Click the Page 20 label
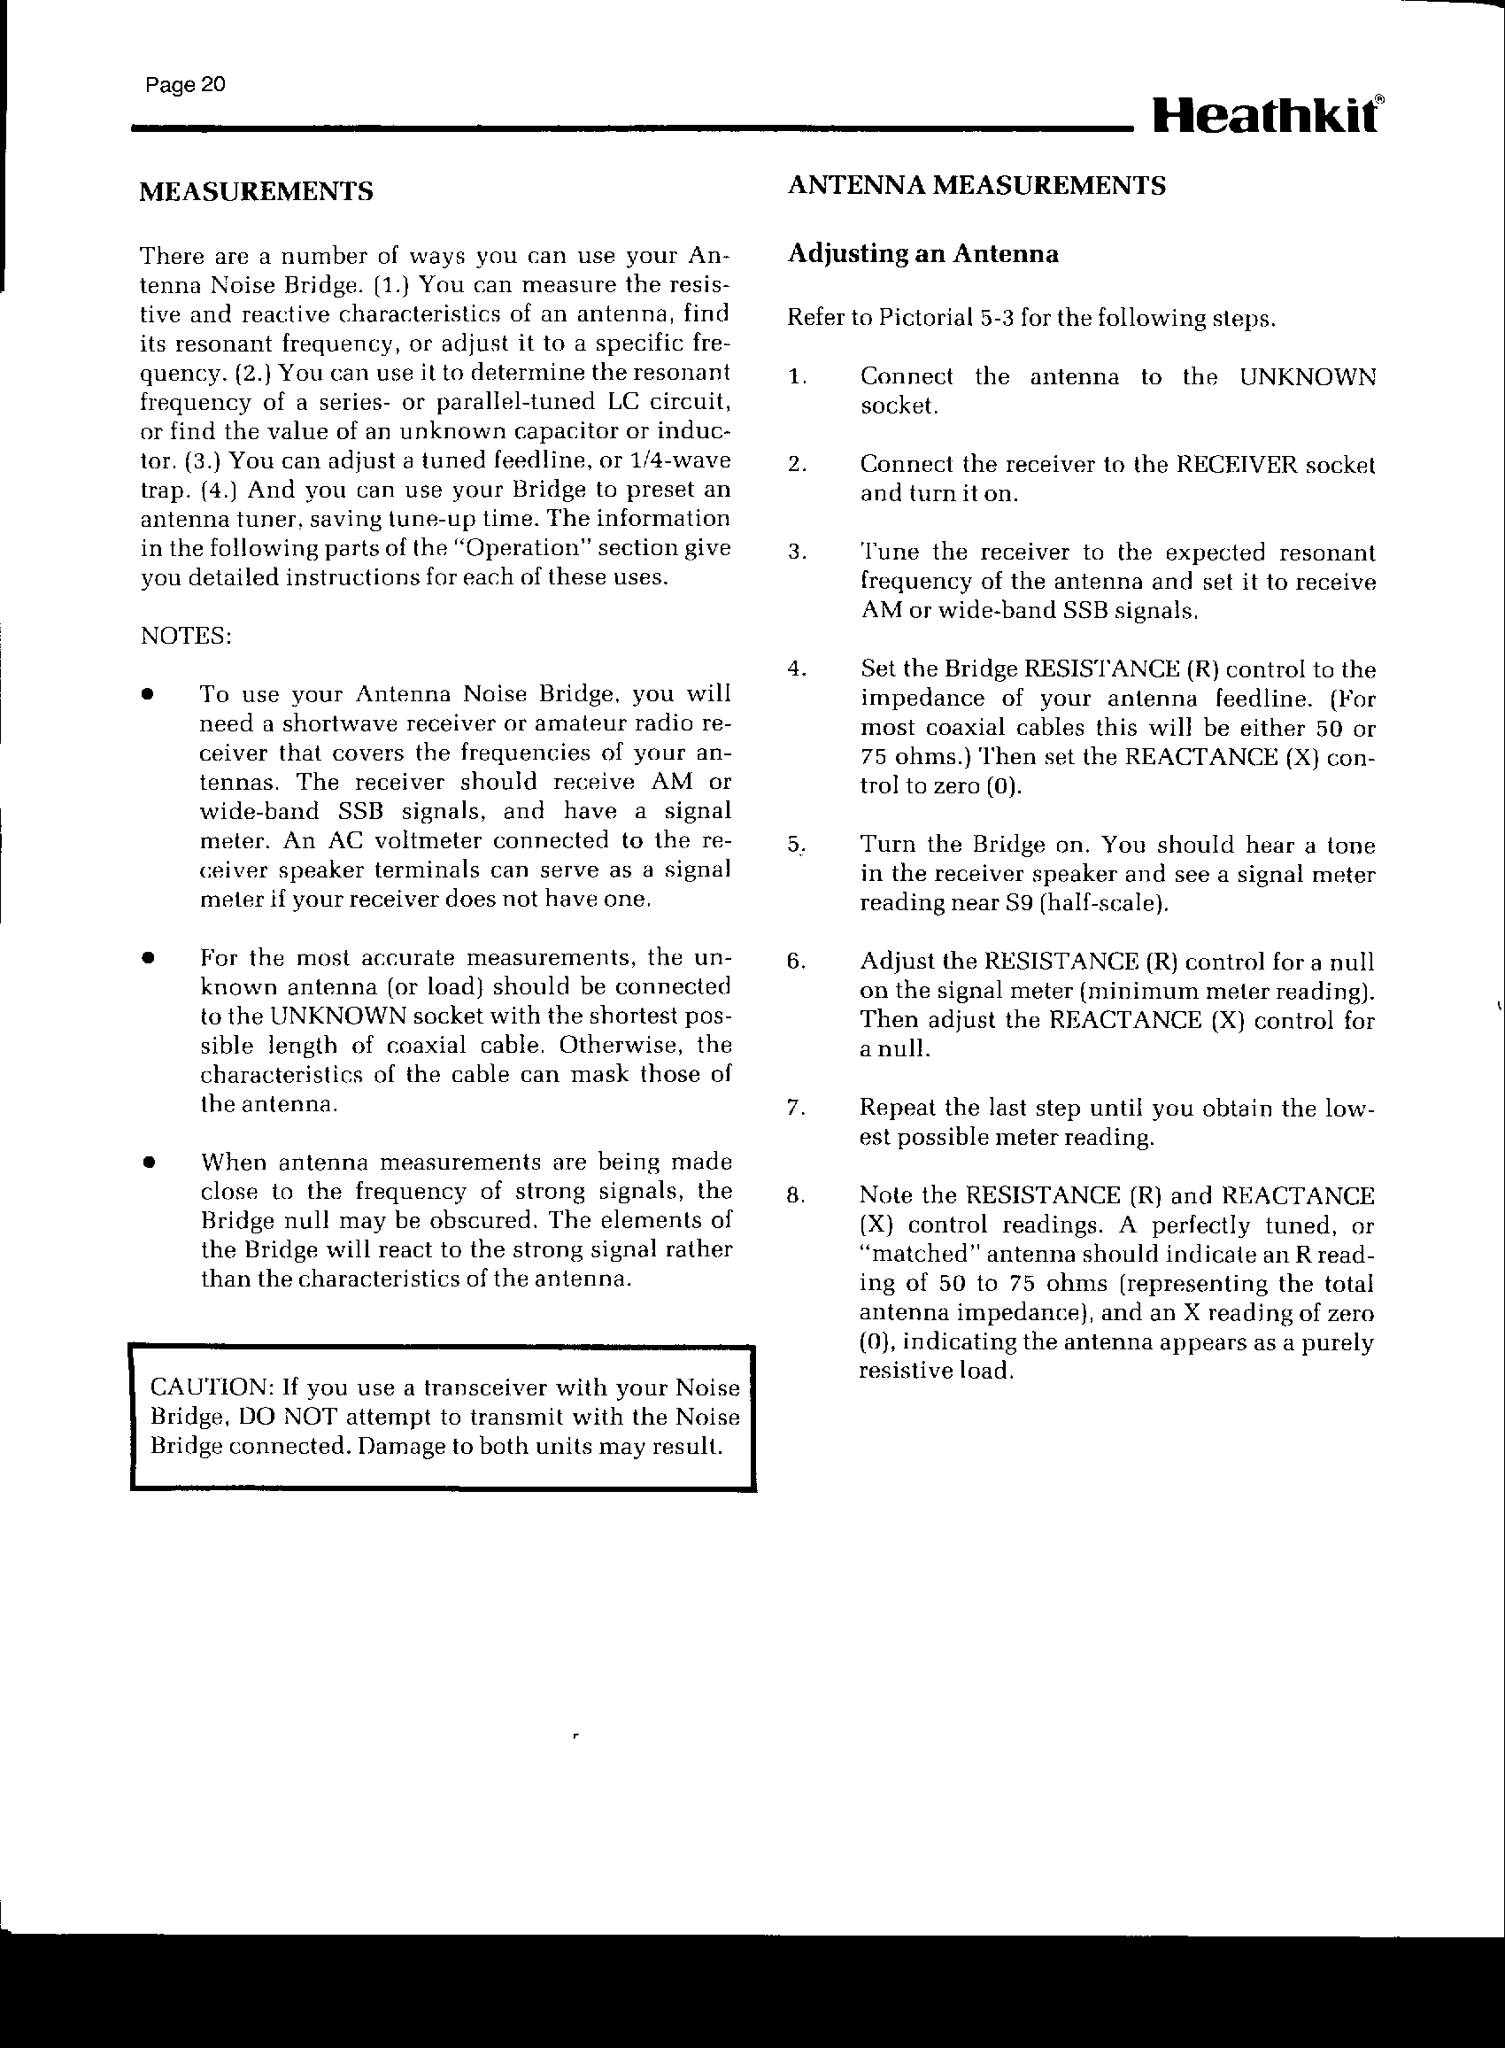coord(185,86)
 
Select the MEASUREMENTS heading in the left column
coord(256,191)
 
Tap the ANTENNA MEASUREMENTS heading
coord(976,186)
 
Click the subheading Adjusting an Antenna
coord(922,254)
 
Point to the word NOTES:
coord(186,635)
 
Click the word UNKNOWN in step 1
coord(1308,377)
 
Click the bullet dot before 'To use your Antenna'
coord(145,695)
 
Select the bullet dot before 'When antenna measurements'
coord(145,1163)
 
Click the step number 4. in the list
coord(796,669)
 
